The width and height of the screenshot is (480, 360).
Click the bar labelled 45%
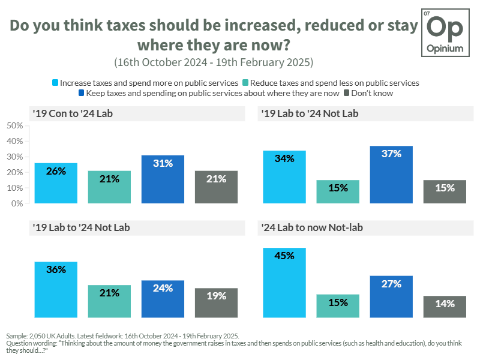pyautogui.click(x=284, y=283)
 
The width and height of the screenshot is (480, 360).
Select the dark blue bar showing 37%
pyautogui.click(x=391, y=175)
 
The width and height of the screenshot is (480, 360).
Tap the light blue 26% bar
pyautogui.click(x=56, y=183)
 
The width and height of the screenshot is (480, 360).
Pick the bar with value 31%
pyautogui.click(x=163, y=179)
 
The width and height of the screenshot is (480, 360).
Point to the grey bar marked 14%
pyautogui.click(x=445, y=307)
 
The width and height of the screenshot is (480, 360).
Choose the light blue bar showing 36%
pyautogui.click(x=56, y=289)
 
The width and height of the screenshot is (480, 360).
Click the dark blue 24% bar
pyautogui.click(x=163, y=299)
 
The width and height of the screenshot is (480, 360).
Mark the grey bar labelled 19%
pyautogui.click(x=216, y=302)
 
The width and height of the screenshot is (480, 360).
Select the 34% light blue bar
pyautogui.click(x=284, y=177)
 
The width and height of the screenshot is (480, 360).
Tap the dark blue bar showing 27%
pyautogui.click(x=391, y=296)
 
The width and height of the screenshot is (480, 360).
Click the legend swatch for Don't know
pyautogui.click(x=346, y=94)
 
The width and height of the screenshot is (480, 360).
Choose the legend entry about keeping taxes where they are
pyautogui.click(x=212, y=94)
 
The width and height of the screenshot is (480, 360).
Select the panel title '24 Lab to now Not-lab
pyautogui.click(x=311, y=228)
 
